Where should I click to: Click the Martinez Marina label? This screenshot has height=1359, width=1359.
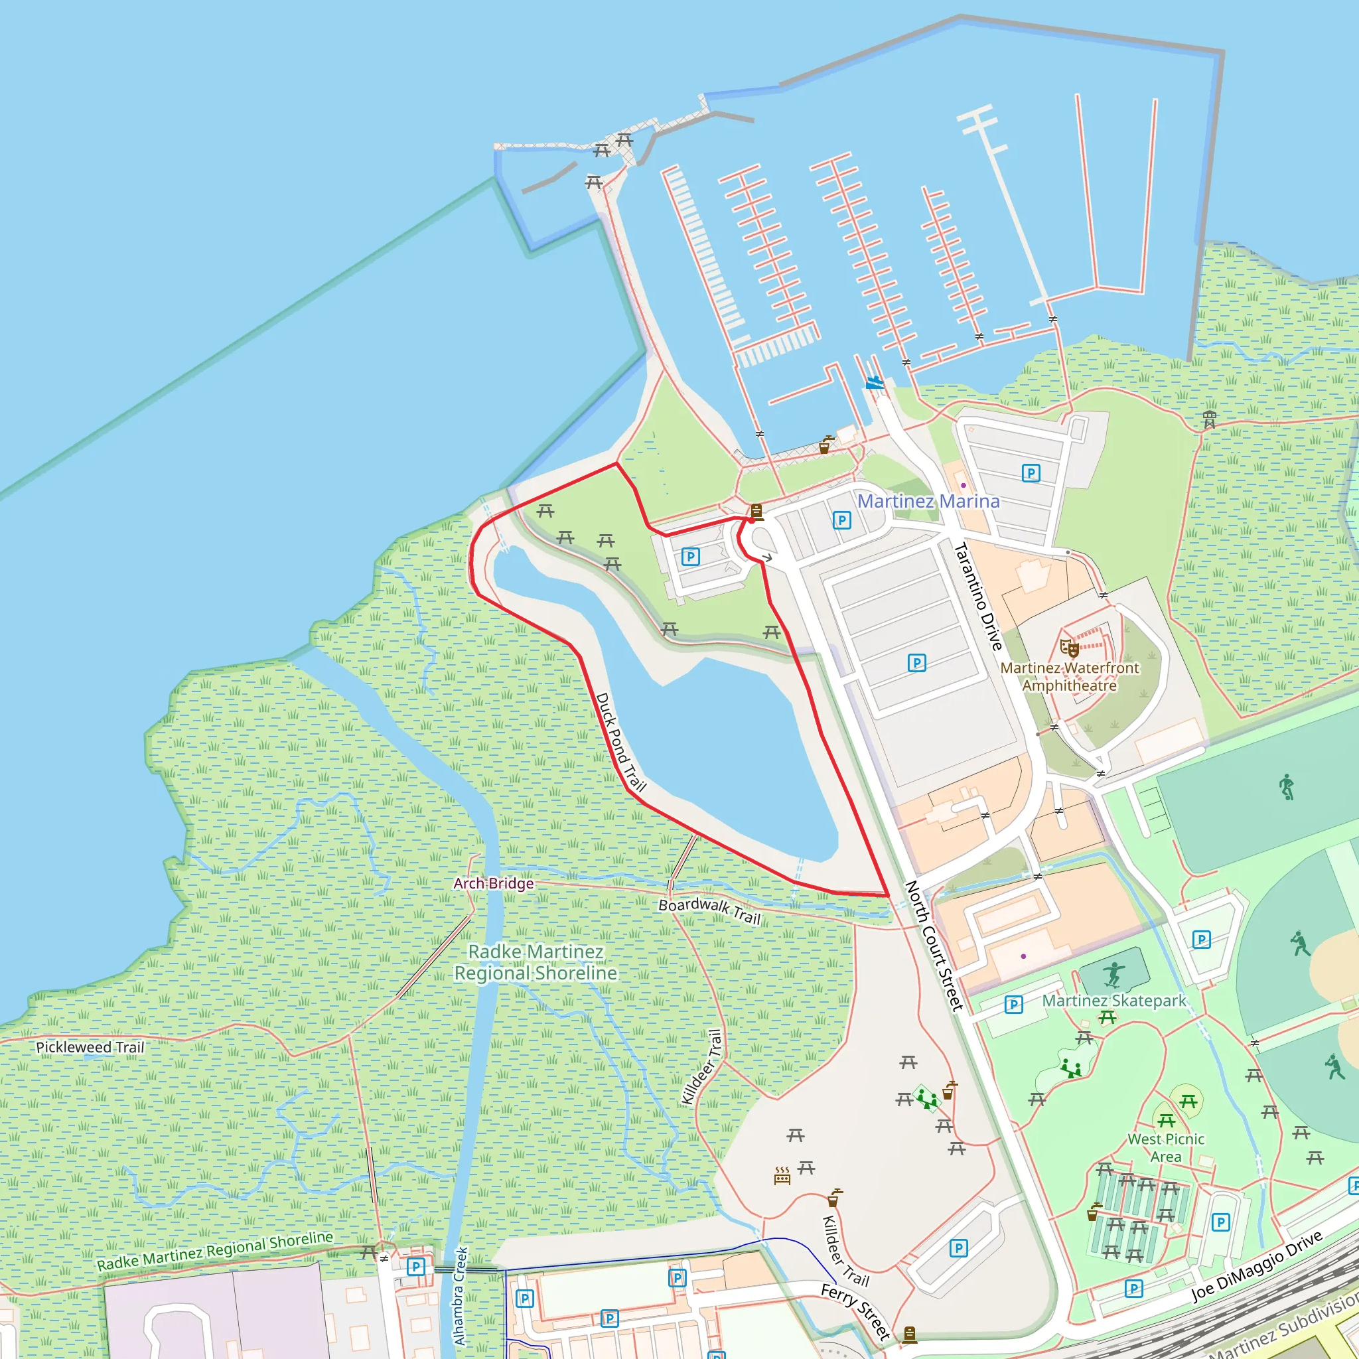pos(928,502)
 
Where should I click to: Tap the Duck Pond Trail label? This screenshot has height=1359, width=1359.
pos(620,743)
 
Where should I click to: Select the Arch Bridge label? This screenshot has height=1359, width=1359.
pos(493,883)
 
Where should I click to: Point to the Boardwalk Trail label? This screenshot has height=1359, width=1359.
pos(709,911)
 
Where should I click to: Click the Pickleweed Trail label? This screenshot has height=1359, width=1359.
pos(90,1047)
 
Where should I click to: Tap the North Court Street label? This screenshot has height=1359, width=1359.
pos(934,946)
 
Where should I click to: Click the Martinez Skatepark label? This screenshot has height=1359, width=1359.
pos(1113,1001)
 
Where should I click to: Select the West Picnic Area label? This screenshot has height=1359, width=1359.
pos(1165,1148)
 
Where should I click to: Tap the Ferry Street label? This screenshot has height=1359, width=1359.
pos(856,1312)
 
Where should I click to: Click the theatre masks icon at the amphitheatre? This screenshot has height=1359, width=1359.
pos(1069,647)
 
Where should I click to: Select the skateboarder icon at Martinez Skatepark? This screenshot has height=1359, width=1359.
pos(1113,975)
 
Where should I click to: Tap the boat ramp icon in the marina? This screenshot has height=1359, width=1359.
pos(875,383)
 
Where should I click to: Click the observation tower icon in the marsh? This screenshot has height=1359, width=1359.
pos(1209,419)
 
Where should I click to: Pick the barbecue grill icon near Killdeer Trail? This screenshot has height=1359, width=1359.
pos(782,1175)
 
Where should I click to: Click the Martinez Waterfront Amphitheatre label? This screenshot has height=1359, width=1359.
pos(1069,677)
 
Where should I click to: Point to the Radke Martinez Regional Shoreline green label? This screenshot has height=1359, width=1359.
pos(536,962)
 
